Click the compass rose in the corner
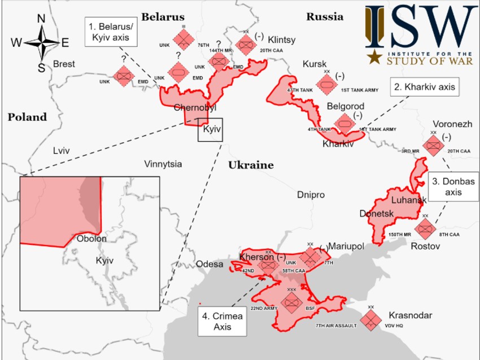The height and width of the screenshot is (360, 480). click(41, 43)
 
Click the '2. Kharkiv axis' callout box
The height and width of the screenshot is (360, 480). click(424, 87)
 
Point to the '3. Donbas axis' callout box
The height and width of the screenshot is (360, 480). click(453, 187)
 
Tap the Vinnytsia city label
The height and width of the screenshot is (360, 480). click(163, 164)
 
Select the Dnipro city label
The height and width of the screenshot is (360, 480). click(311, 195)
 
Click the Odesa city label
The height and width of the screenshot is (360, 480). click(210, 264)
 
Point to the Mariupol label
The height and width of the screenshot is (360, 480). click(346, 246)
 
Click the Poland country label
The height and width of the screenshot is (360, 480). click(27, 117)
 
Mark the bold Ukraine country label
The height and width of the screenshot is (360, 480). click(251, 165)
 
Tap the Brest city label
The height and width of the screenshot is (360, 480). click(64, 64)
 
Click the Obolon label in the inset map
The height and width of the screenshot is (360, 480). click(91, 239)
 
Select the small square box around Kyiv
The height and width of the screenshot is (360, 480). click(210, 129)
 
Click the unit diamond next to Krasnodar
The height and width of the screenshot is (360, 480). click(370, 320)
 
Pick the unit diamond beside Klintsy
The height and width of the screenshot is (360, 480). click(246, 44)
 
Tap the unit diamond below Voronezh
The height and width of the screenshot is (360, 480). click(433, 146)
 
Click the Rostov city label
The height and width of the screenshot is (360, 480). click(425, 247)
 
